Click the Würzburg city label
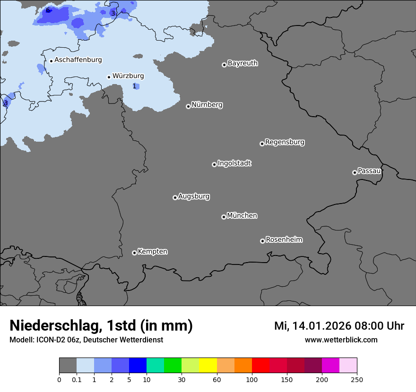tap(128, 76)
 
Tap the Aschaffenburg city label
tap(78, 60)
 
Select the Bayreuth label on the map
tap(243, 63)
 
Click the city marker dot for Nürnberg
tap(188, 106)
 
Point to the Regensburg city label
tap(285, 142)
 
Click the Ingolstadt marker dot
tap(214, 164)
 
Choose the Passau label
tap(369, 171)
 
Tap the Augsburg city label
tap(194, 196)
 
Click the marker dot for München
tap(224, 217)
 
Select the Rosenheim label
tap(284, 240)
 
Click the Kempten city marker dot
tap(134, 253)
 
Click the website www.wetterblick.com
tap(341, 340)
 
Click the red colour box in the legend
tap(260, 366)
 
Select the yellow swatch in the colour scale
tap(208, 366)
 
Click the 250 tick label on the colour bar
tap(357, 379)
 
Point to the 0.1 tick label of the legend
tap(76, 379)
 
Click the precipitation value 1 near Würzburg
tap(134, 86)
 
